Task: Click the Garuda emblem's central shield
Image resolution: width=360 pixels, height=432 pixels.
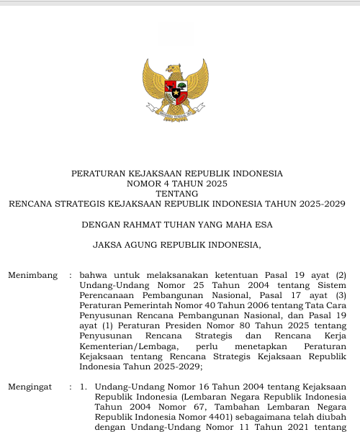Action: tap(176, 92)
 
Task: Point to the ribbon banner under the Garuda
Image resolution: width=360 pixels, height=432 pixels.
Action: tap(176, 114)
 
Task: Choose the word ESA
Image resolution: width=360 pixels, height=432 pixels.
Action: tap(263, 225)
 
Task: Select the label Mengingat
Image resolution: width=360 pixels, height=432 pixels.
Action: tap(30, 387)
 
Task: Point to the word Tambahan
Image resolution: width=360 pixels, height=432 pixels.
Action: tap(238, 407)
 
